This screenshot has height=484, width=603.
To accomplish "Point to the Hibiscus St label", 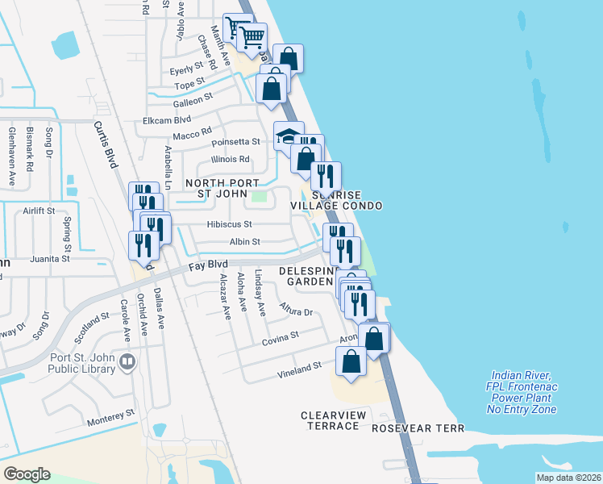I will click(229, 224).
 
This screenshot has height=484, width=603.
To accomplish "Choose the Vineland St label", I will click(300, 365).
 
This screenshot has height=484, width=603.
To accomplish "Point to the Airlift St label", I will click(38, 211).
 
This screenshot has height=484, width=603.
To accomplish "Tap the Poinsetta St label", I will click(235, 142).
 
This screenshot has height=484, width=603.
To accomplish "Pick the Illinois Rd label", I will click(230, 159).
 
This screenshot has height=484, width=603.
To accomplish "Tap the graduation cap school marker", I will click(288, 136).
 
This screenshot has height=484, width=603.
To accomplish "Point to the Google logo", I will click(27, 474).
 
